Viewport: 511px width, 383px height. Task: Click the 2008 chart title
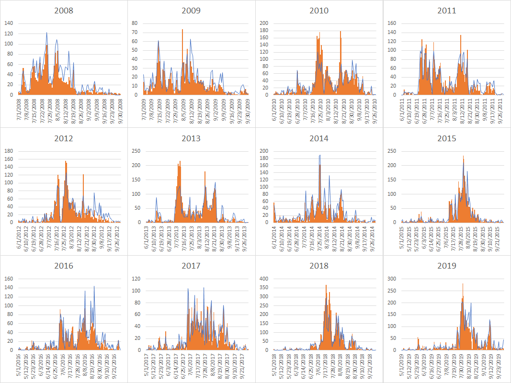[x=64, y=11]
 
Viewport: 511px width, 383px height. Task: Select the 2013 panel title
[x=191, y=139]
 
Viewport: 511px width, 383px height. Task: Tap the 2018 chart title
[x=319, y=266]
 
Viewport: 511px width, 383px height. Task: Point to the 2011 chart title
[x=446, y=11]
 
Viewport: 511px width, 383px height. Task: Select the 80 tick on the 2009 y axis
[x=135, y=23]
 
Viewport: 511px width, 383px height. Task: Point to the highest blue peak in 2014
[x=319, y=156]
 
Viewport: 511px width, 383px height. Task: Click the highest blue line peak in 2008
[x=46, y=33]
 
